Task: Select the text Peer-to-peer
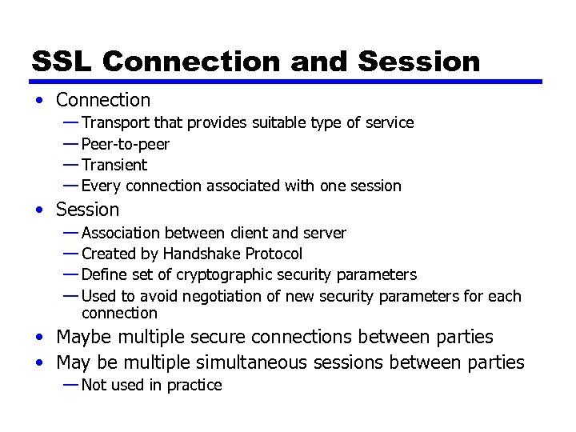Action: tap(126, 144)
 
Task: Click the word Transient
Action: tap(114, 165)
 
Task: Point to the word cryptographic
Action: tap(220, 274)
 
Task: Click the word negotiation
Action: tap(222, 296)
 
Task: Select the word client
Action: tap(249, 233)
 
